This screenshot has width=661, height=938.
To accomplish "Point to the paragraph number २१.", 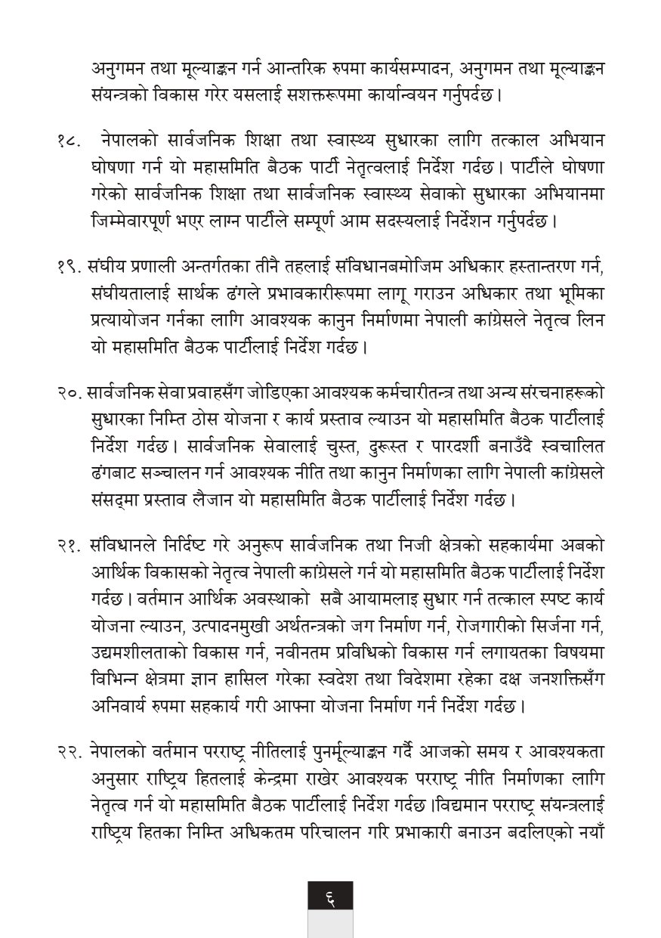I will pos(66,545).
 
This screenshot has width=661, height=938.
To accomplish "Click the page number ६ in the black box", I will pos(330,899).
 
